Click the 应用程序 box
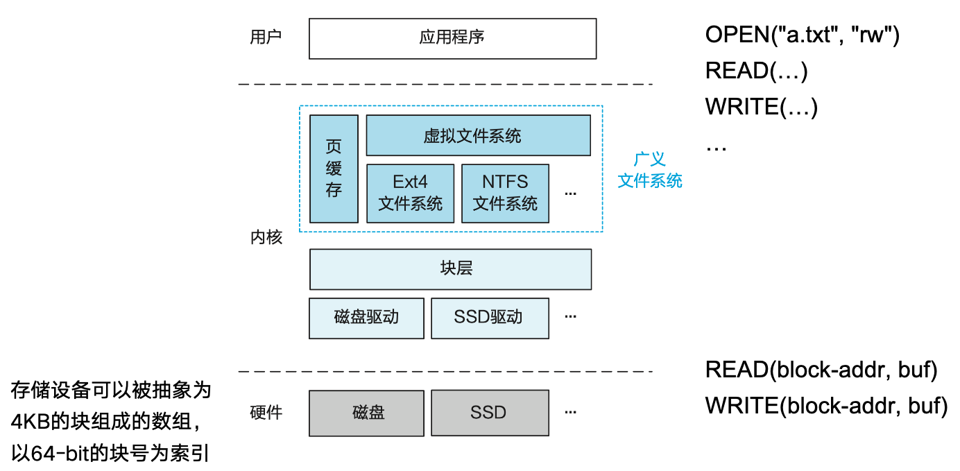click(452, 38)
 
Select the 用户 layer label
click(266, 37)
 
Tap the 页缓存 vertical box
click(334, 169)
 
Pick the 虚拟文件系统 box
click(478, 135)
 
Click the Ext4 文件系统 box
click(410, 194)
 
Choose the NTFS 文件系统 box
click(505, 194)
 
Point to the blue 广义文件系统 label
click(650, 171)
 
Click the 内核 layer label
click(266, 237)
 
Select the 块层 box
click(450, 269)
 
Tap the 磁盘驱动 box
click(366, 318)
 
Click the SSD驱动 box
click(490, 318)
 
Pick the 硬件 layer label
click(266, 413)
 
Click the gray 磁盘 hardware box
click(366, 413)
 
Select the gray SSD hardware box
click(490, 413)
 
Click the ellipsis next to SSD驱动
click(570, 317)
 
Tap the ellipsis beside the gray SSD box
click(570, 413)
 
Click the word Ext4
click(410, 182)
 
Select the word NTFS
click(505, 182)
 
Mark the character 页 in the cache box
click(334, 147)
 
